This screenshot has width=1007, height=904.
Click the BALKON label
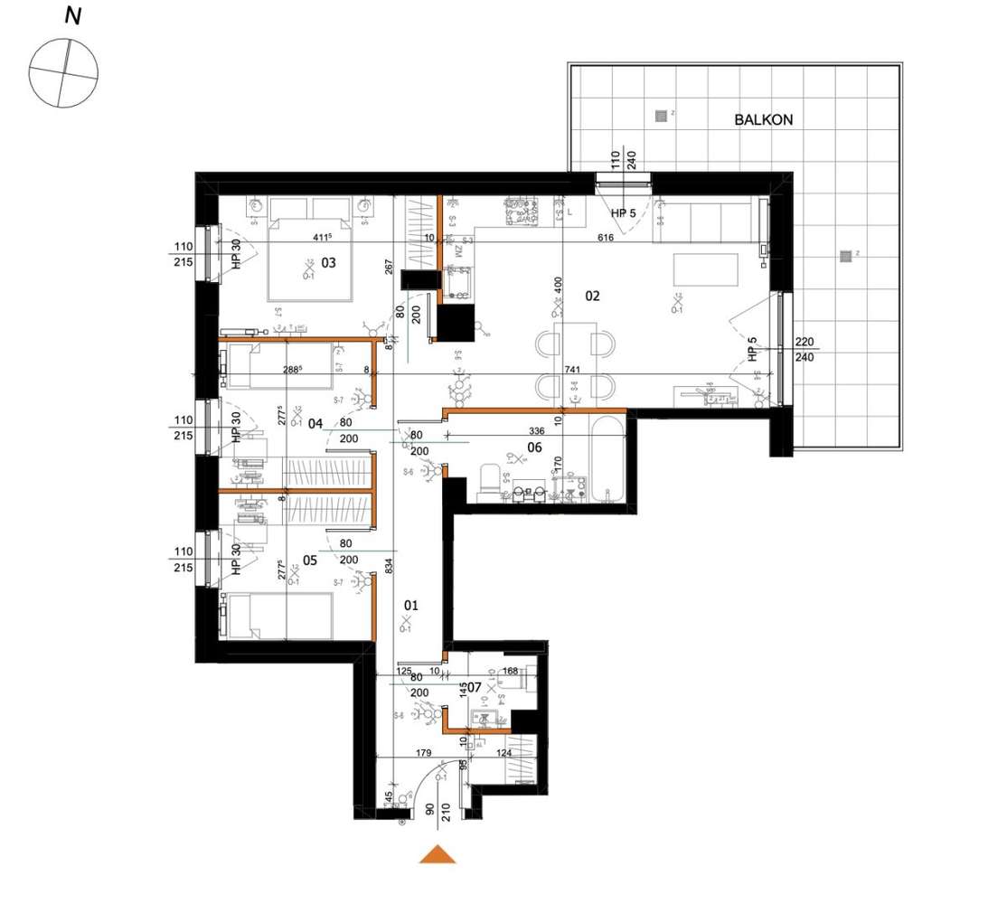pyautogui.click(x=763, y=119)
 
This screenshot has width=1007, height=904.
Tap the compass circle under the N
pyautogui.click(x=63, y=71)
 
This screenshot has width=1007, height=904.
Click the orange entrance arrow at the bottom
pyautogui.click(x=438, y=854)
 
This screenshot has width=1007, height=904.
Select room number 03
pyautogui.click(x=328, y=263)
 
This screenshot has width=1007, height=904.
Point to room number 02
pyautogui.click(x=593, y=295)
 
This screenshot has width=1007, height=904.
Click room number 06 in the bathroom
pyautogui.click(x=534, y=447)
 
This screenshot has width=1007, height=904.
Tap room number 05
pyautogui.click(x=309, y=560)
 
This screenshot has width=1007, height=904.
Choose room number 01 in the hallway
pyautogui.click(x=411, y=605)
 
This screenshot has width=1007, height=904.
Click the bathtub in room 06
pyautogui.click(x=604, y=461)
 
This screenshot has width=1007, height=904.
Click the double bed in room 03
pyautogui.click(x=308, y=259)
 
